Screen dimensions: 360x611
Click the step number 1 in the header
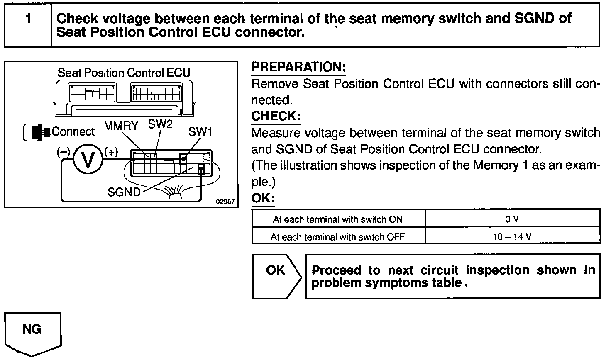[28, 19]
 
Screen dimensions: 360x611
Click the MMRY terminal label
[121, 126]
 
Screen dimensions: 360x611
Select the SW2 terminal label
[160, 124]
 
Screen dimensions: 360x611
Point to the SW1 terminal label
[200, 132]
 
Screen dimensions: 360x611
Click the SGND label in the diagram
[124, 192]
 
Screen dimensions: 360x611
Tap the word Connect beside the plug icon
[73, 132]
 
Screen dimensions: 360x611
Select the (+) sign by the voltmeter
[111, 152]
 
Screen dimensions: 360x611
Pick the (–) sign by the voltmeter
[63, 152]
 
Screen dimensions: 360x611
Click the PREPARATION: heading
[298, 67]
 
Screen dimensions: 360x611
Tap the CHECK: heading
[276, 116]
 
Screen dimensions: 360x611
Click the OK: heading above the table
[263, 198]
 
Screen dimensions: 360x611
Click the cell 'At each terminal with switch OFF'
[338, 237]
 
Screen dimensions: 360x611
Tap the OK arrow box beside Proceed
[276, 275]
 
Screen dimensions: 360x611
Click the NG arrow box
[32, 332]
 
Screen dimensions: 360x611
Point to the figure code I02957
[225, 202]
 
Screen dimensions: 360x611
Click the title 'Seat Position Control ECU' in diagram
[124, 73]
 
